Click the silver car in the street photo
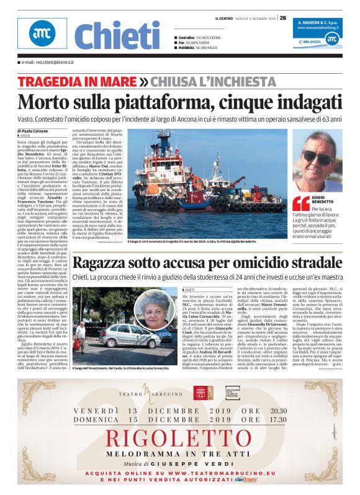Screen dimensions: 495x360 [124, 338]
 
